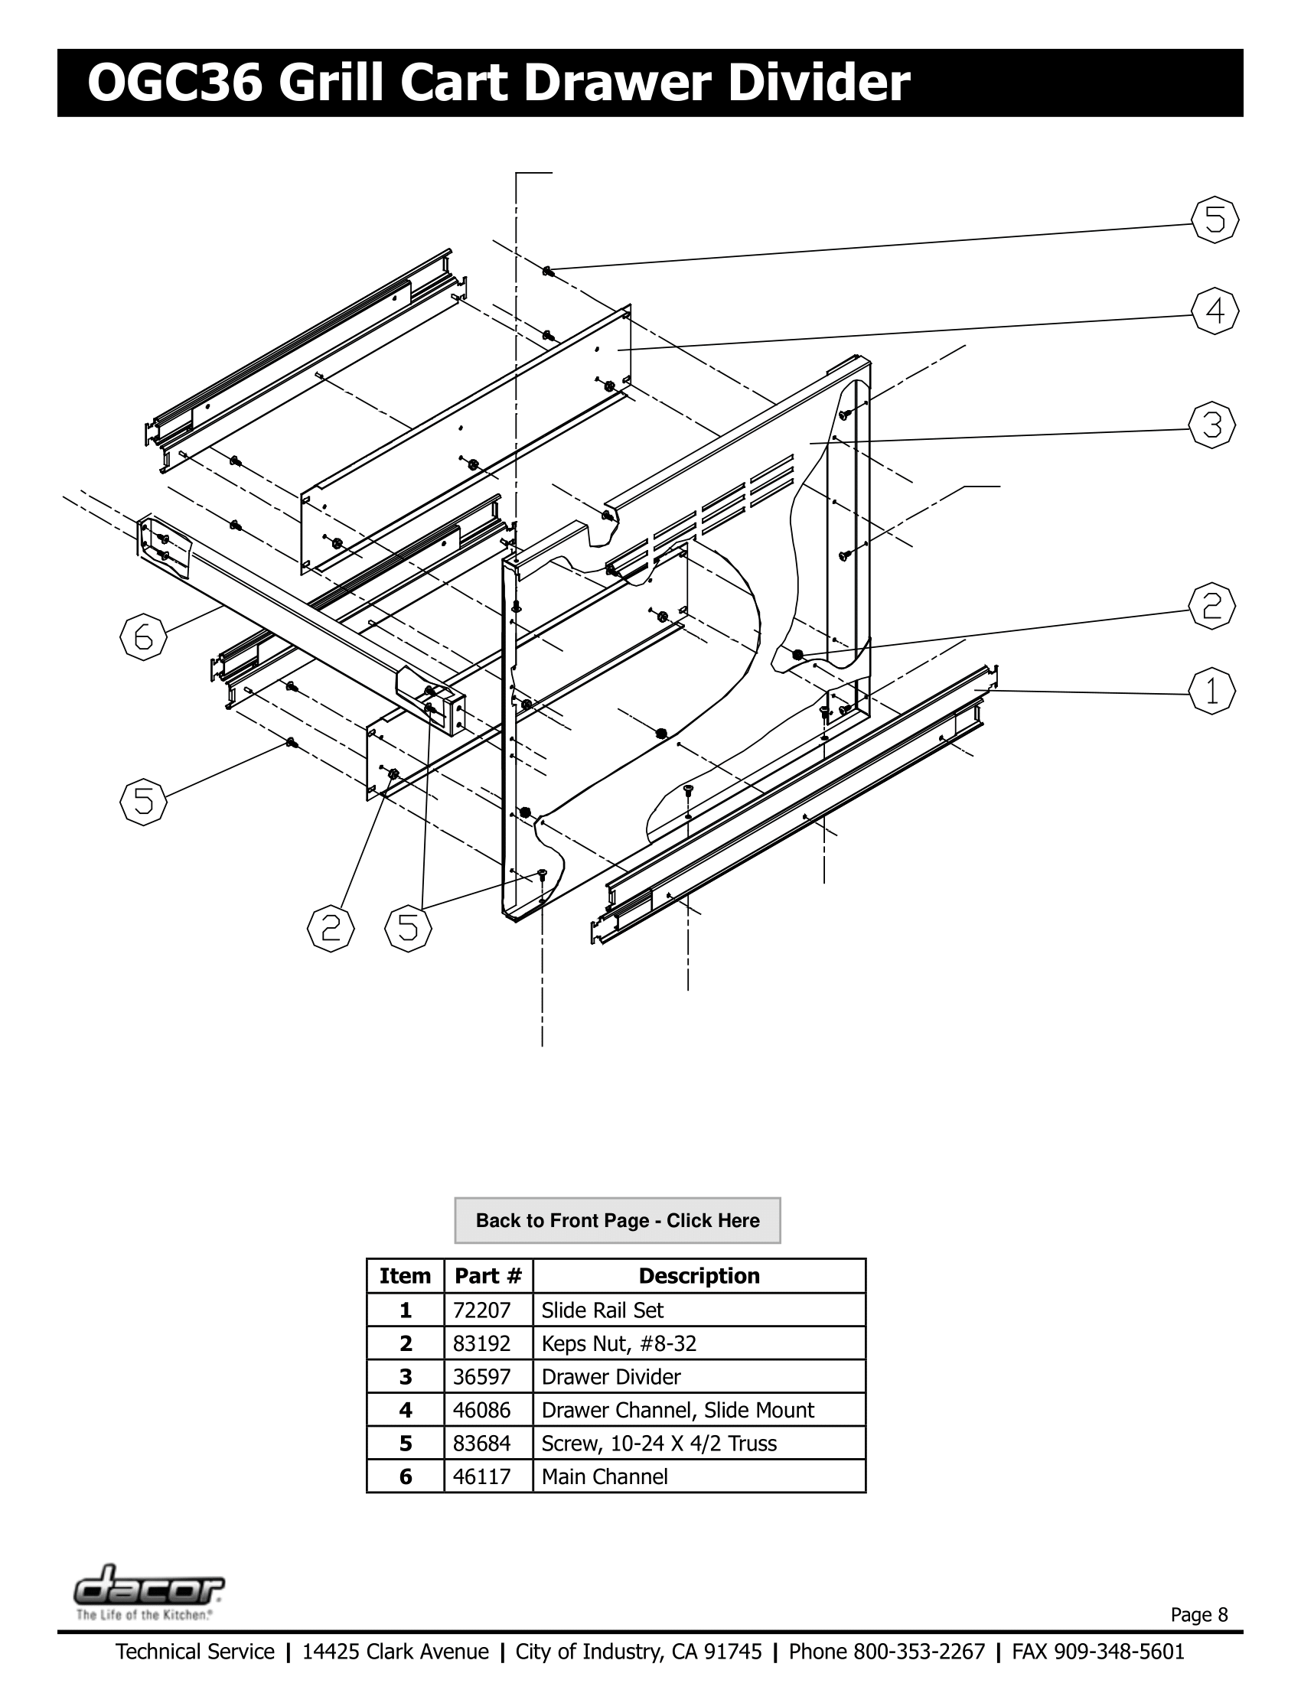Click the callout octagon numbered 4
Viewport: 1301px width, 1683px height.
(x=1215, y=311)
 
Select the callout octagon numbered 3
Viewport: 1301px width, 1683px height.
(x=1211, y=425)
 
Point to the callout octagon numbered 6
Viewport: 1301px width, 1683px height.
(x=143, y=638)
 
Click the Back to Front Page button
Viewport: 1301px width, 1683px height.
(x=618, y=1220)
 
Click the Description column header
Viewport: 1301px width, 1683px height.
(x=698, y=1275)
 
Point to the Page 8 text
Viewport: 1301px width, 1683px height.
(x=1199, y=1614)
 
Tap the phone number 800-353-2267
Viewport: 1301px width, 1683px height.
(x=918, y=1652)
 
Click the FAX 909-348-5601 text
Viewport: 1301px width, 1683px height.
(x=1097, y=1652)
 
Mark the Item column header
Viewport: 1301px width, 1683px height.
(x=406, y=1275)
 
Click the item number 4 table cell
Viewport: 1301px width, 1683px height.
(x=406, y=1409)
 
